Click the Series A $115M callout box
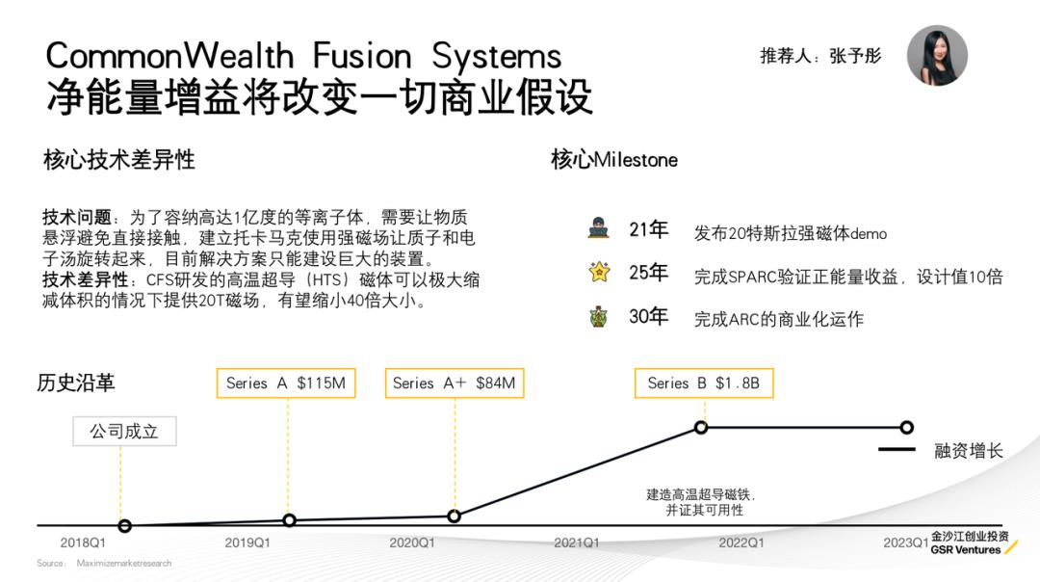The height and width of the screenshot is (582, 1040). (x=285, y=383)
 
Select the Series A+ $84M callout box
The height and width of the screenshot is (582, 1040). (x=454, y=383)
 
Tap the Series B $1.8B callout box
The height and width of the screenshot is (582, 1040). (x=704, y=383)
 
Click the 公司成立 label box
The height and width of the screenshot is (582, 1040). (x=124, y=431)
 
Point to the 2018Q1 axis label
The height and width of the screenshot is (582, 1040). (x=83, y=542)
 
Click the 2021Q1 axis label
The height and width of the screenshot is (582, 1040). (x=576, y=542)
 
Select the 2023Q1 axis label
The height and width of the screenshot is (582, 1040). (x=905, y=542)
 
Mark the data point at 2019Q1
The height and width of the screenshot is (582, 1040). (x=289, y=520)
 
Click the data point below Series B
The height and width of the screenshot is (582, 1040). (x=701, y=427)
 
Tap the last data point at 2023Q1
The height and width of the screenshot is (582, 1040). (x=906, y=427)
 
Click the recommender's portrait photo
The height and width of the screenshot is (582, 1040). (x=937, y=56)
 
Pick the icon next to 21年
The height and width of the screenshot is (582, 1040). (x=599, y=229)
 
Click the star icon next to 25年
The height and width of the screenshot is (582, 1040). (x=599, y=273)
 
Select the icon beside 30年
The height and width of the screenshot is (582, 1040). (x=599, y=316)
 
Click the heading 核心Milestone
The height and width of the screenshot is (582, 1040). (x=613, y=159)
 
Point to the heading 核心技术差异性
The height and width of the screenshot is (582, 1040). (x=118, y=159)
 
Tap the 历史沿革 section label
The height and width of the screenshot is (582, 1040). (x=75, y=383)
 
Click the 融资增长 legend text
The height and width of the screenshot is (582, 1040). (x=968, y=450)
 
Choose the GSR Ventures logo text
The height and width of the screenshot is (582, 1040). (x=966, y=549)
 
